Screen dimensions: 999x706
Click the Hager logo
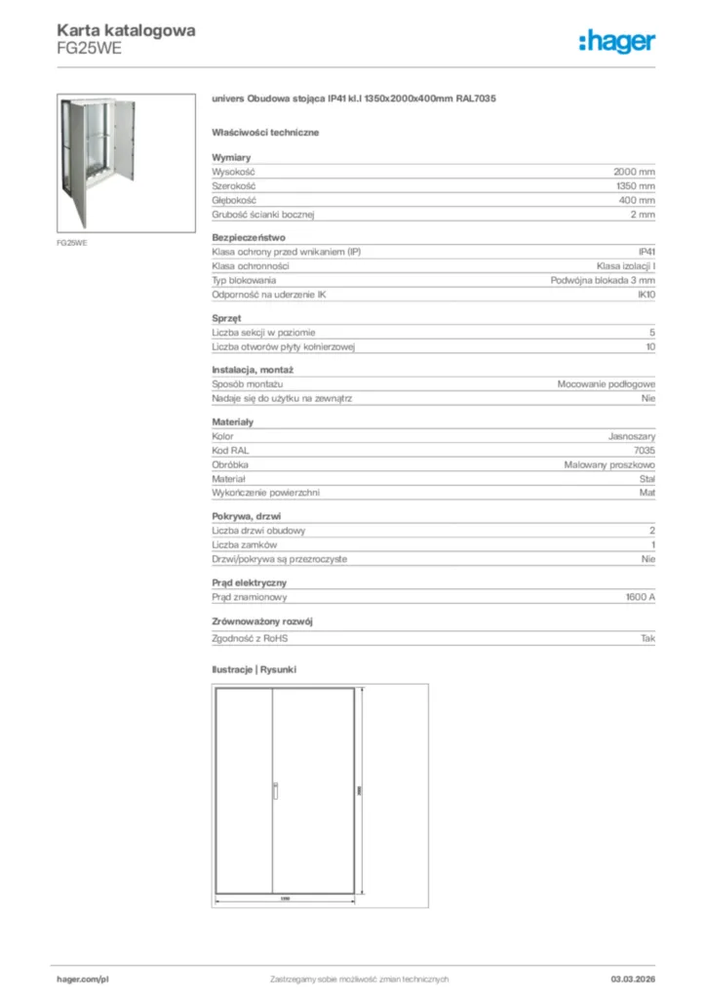[x=616, y=41]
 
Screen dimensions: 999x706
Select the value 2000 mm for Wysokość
[x=634, y=171]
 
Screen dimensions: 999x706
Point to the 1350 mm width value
[x=636, y=185]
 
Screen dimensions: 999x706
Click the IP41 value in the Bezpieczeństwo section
[x=646, y=252]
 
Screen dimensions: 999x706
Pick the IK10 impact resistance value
[x=646, y=294]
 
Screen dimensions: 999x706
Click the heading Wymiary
[x=231, y=157]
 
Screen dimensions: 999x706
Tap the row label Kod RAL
[x=230, y=451]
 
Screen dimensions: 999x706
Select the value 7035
[x=644, y=451]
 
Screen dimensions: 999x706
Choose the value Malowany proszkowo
[x=609, y=465]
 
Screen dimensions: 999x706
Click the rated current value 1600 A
[x=640, y=597]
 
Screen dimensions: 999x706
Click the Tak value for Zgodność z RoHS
[x=647, y=638]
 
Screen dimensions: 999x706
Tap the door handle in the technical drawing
[x=276, y=790]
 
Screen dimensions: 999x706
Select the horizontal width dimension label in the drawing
[x=285, y=898]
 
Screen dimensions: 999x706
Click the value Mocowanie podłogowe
[x=606, y=384]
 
